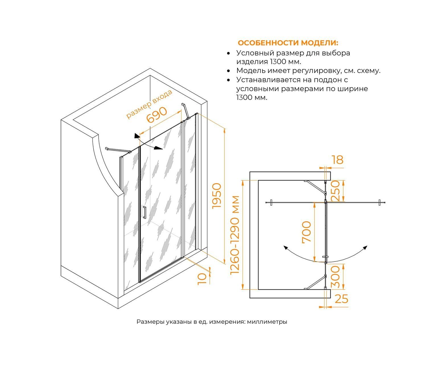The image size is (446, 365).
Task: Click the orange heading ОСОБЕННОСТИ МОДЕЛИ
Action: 288,43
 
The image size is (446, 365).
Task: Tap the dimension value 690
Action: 156,115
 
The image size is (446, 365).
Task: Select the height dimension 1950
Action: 217,196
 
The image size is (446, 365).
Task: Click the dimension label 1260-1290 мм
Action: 235,235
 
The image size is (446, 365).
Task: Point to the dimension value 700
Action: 307,232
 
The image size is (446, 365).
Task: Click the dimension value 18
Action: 337,160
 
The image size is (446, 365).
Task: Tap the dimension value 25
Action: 341,299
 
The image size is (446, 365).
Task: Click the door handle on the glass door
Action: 144,212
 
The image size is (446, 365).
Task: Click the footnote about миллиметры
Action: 212,322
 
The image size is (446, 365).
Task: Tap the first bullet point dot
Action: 228,53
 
